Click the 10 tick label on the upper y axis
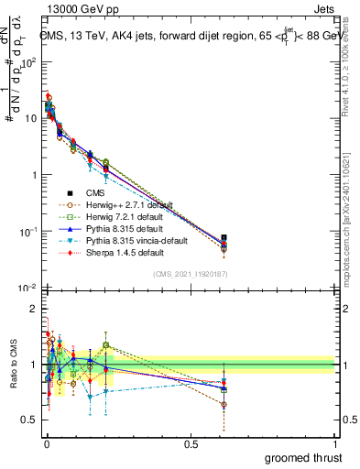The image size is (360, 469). [29, 118]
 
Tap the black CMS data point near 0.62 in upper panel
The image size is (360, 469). [224, 238]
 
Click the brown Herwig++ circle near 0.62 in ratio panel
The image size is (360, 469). [224, 404]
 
